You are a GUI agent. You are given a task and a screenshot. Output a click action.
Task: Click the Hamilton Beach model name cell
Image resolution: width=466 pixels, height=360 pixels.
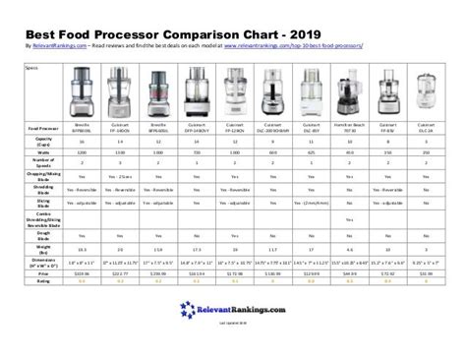[x=349, y=129]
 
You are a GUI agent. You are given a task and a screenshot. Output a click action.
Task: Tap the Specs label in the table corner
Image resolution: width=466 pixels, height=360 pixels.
[x=30, y=67]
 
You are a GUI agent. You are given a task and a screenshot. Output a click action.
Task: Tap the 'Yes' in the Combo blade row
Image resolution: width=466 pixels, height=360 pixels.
[x=349, y=218]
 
